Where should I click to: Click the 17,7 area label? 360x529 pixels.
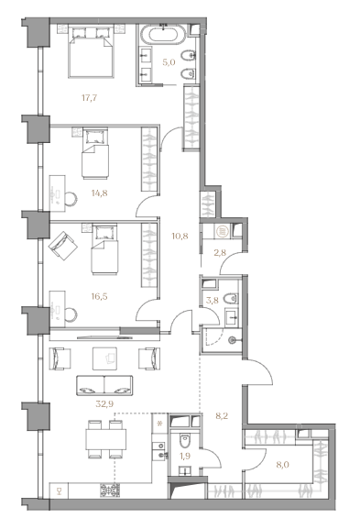tap(90, 98)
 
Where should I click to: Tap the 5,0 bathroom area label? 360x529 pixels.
tap(169, 62)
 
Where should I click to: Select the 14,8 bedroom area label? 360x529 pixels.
tap(99, 193)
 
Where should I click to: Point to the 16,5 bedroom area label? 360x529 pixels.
tap(99, 296)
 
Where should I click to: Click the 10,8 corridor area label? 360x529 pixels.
tap(180, 236)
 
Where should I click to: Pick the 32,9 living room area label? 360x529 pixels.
tap(104, 403)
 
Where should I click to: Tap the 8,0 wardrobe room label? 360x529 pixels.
tap(282, 465)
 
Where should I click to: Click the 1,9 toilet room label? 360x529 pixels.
tap(185, 457)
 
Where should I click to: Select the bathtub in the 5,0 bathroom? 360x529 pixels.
tap(163, 34)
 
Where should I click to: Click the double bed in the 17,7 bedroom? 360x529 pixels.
tap(91, 51)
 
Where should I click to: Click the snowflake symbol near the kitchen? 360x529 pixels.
tap(159, 424)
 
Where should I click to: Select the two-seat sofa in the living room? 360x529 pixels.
tap(104, 385)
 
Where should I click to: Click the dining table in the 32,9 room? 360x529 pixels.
tap(106, 439)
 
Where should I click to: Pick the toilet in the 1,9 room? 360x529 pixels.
tap(185, 440)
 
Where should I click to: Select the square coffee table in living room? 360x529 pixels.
tap(104, 358)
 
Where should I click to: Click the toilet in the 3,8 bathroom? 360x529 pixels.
tap(231, 298)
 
